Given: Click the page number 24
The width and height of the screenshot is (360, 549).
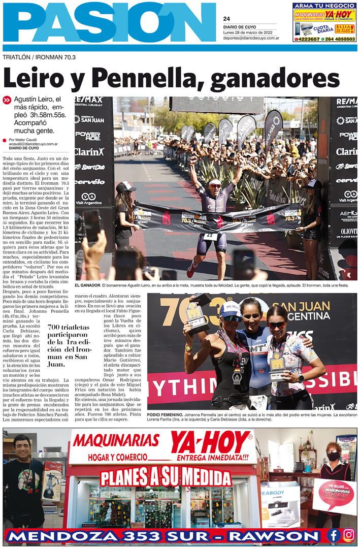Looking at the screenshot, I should click(x=226, y=19).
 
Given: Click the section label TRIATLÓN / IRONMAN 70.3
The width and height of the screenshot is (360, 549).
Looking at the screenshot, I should click(x=39, y=57).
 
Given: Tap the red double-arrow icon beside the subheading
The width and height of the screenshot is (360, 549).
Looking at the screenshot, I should click(x=7, y=101).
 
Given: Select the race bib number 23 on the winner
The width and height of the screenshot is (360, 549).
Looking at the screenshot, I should click(x=208, y=236).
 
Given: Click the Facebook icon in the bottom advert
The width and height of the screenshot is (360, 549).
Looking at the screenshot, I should click(x=334, y=535).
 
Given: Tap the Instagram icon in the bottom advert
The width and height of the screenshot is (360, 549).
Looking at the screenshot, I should click(x=348, y=535).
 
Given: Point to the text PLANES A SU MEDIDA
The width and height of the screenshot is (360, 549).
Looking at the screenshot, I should click(x=165, y=478).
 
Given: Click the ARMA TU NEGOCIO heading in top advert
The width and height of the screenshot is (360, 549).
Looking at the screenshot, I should click(x=324, y=6).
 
